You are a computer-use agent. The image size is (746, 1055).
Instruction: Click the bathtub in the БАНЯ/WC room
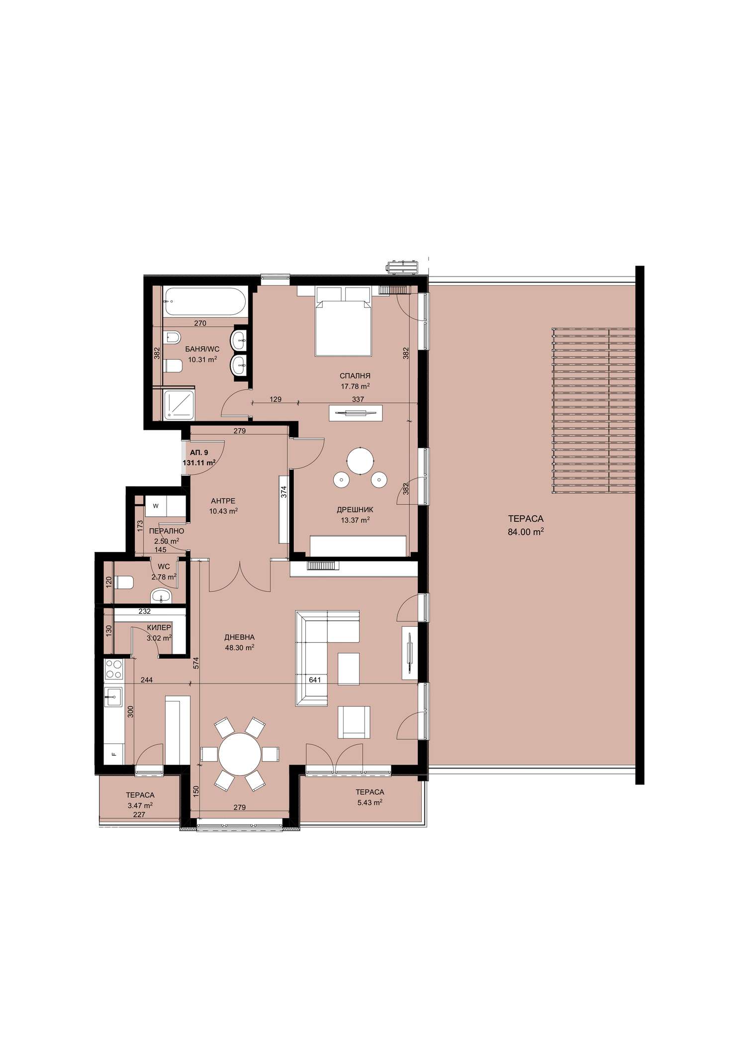pos(204,301)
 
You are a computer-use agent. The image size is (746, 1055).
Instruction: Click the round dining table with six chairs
pos(240,754)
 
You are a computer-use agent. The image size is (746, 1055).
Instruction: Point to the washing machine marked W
pos(156,506)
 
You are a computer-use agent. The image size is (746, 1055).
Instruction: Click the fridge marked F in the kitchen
pos(114,754)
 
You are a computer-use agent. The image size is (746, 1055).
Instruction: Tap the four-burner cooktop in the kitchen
pos(114,669)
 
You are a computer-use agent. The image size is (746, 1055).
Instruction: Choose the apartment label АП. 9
pos(199,453)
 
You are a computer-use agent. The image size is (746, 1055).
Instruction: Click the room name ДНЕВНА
pos(239,637)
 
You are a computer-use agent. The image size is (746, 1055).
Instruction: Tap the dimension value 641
pos(315,679)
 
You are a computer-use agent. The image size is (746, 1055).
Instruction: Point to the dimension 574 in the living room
pos(196,663)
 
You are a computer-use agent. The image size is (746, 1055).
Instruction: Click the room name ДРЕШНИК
pos(355,509)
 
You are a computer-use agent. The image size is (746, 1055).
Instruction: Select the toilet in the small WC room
pos(124,581)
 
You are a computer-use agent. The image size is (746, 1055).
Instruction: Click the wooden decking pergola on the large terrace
pos(594,411)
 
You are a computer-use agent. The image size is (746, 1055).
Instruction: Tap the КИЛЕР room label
pos(159,628)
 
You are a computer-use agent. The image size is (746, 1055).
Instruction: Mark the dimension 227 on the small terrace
pos(140,815)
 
